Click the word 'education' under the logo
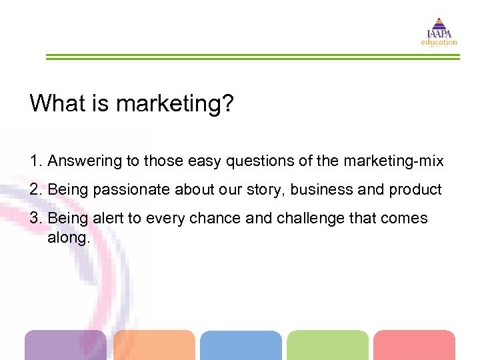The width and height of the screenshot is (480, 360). [x=439, y=42]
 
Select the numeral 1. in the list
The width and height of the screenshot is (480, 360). [x=36, y=161]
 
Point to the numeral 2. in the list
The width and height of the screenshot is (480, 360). [x=36, y=189]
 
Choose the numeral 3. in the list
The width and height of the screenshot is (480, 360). [x=36, y=218]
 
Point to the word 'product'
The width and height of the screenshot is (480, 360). [x=415, y=190]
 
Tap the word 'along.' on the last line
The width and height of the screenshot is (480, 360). [x=68, y=237]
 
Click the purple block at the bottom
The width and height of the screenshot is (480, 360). [x=65, y=345]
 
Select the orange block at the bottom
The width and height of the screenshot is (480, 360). [x=154, y=345]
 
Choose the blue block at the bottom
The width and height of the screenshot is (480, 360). [x=241, y=345]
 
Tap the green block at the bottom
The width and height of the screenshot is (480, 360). [x=327, y=345]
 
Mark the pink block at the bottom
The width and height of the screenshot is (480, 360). [x=414, y=345]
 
